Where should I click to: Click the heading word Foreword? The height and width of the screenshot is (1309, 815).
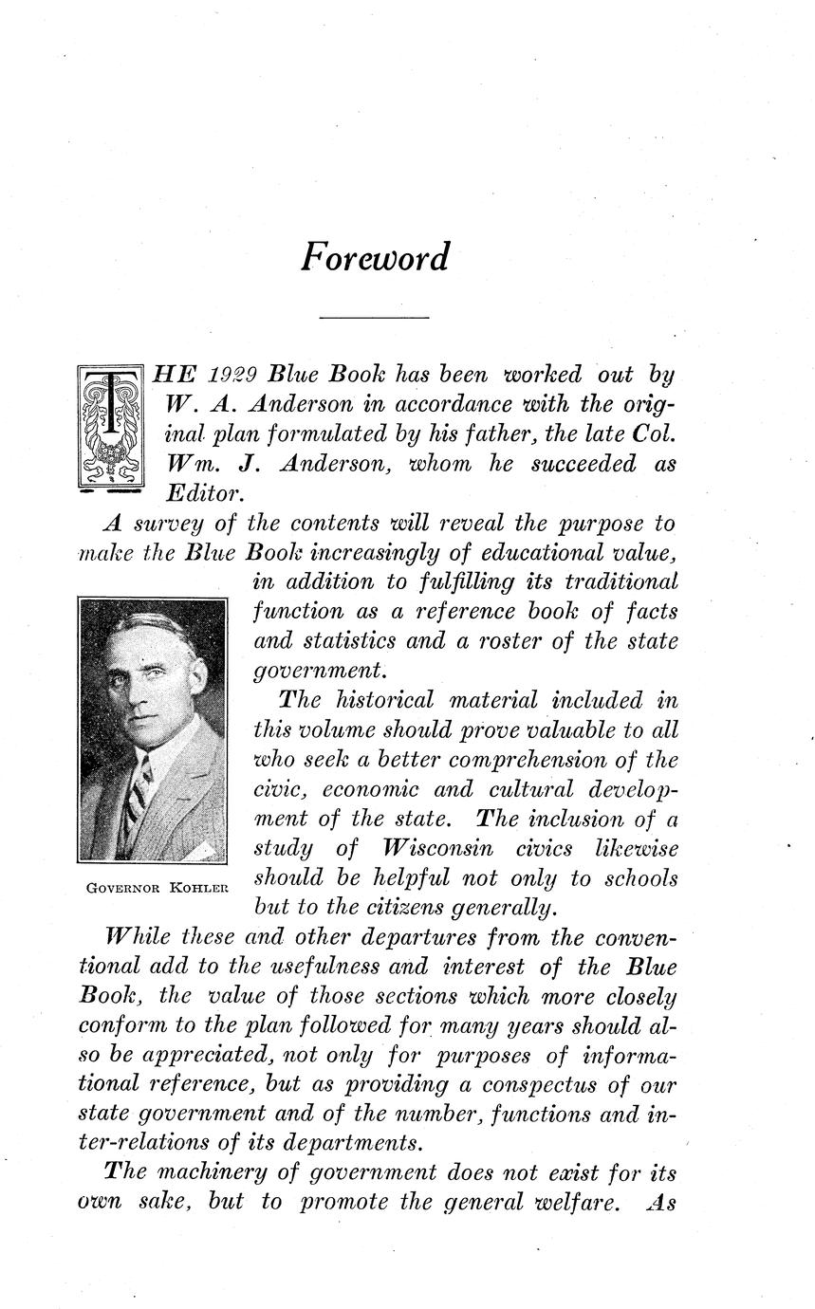(x=375, y=257)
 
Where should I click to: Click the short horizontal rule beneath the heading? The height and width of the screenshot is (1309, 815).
(x=375, y=317)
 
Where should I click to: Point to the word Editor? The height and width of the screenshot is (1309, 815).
(x=206, y=493)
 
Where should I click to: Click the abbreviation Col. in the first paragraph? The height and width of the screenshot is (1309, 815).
(x=655, y=433)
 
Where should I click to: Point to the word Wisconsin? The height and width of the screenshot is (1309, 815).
(x=443, y=847)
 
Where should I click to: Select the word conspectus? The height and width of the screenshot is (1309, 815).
(x=553, y=1085)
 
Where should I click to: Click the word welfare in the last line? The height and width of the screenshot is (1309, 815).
(x=580, y=1202)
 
